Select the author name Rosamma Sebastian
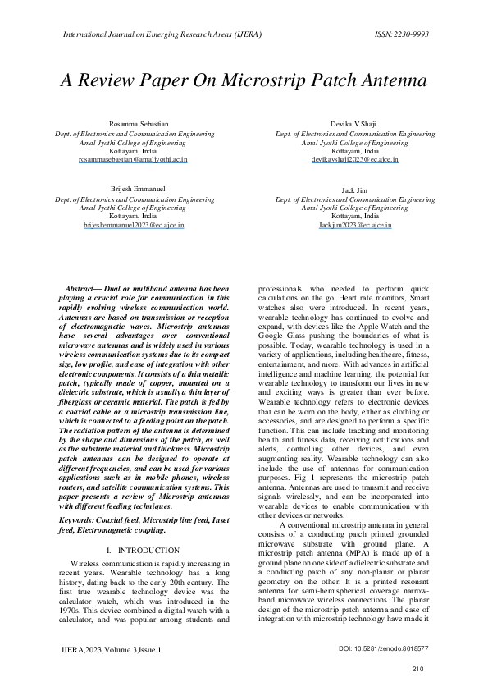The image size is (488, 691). coord(135,122)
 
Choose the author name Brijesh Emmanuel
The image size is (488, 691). coord(135,189)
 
